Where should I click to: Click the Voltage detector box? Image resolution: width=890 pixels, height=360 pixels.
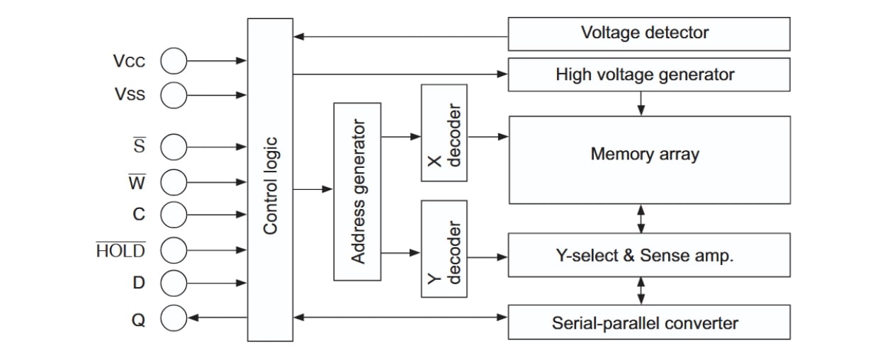click(648, 33)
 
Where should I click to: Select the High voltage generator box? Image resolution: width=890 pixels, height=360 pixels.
click(648, 74)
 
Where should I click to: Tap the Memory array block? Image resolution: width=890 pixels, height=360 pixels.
click(648, 159)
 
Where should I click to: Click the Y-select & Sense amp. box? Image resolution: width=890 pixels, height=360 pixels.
click(648, 256)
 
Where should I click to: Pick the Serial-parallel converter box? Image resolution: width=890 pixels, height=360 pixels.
click(648, 323)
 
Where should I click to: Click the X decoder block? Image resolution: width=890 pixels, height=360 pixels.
click(444, 133)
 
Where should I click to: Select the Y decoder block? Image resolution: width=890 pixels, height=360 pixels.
click(444, 258)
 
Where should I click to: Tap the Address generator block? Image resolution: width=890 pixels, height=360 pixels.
click(357, 191)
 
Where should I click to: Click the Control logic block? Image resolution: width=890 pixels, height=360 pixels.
click(270, 179)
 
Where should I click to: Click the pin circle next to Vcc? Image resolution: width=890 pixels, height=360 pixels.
click(174, 62)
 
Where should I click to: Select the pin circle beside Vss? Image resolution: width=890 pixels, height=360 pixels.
click(174, 94)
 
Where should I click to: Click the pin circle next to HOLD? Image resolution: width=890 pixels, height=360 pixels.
click(174, 249)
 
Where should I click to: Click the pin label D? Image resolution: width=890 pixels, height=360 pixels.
click(139, 283)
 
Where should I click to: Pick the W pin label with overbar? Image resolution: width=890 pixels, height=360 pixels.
click(137, 183)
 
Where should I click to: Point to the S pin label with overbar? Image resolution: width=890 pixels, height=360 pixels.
click(139, 147)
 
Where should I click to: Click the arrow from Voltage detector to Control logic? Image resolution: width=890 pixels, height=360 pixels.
click(400, 36)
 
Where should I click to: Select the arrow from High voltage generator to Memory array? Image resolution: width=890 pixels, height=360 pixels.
click(641, 103)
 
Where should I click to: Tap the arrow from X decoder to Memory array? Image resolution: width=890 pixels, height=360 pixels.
click(488, 136)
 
